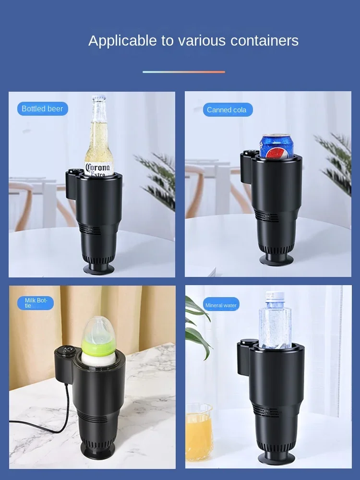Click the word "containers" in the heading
coord(264,40)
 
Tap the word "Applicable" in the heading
coord(122,41)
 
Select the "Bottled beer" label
coord(43,108)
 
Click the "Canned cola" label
coord(228,110)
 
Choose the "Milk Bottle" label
coord(36,303)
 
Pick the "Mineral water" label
coord(221,305)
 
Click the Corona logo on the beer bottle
coord(98,169)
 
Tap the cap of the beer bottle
coord(99,97)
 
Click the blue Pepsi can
coord(276,146)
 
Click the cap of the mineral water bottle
coord(275,296)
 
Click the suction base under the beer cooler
coord(99,269)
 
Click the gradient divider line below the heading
coord(184,72)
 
